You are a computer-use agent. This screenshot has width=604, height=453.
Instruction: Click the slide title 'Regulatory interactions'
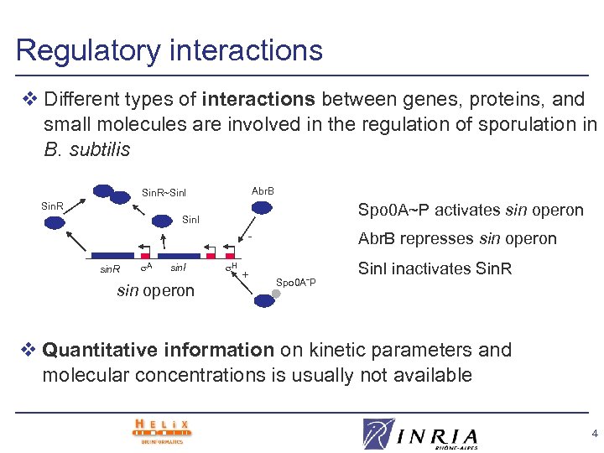pyautogui.click(x=169, y=50)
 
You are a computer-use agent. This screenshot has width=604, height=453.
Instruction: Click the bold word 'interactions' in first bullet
pyautogui.click(x=258, y=100)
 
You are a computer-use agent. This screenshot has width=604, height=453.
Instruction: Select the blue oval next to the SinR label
pyautogui.click(x=55, y=222)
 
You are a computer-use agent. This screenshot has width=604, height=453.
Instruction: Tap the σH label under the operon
pyautogui.click(x=233, y=268)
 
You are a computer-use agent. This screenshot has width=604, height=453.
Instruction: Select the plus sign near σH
pyautogui.click(x=246, y=274)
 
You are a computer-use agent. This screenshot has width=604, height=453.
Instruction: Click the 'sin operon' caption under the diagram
pyautogui.click(x=156, y=290)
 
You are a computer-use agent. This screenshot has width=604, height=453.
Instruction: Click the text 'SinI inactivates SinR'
pyautogui.click(x=435, y=269)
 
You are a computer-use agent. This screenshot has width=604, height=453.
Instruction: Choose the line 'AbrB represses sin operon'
pyautogui.click(x=457, y=239)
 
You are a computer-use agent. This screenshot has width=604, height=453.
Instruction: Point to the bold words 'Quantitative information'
pyautogui.click(x=158, y=350)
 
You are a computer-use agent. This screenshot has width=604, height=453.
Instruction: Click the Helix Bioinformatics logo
pyautogui.click(x=162, y=431)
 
